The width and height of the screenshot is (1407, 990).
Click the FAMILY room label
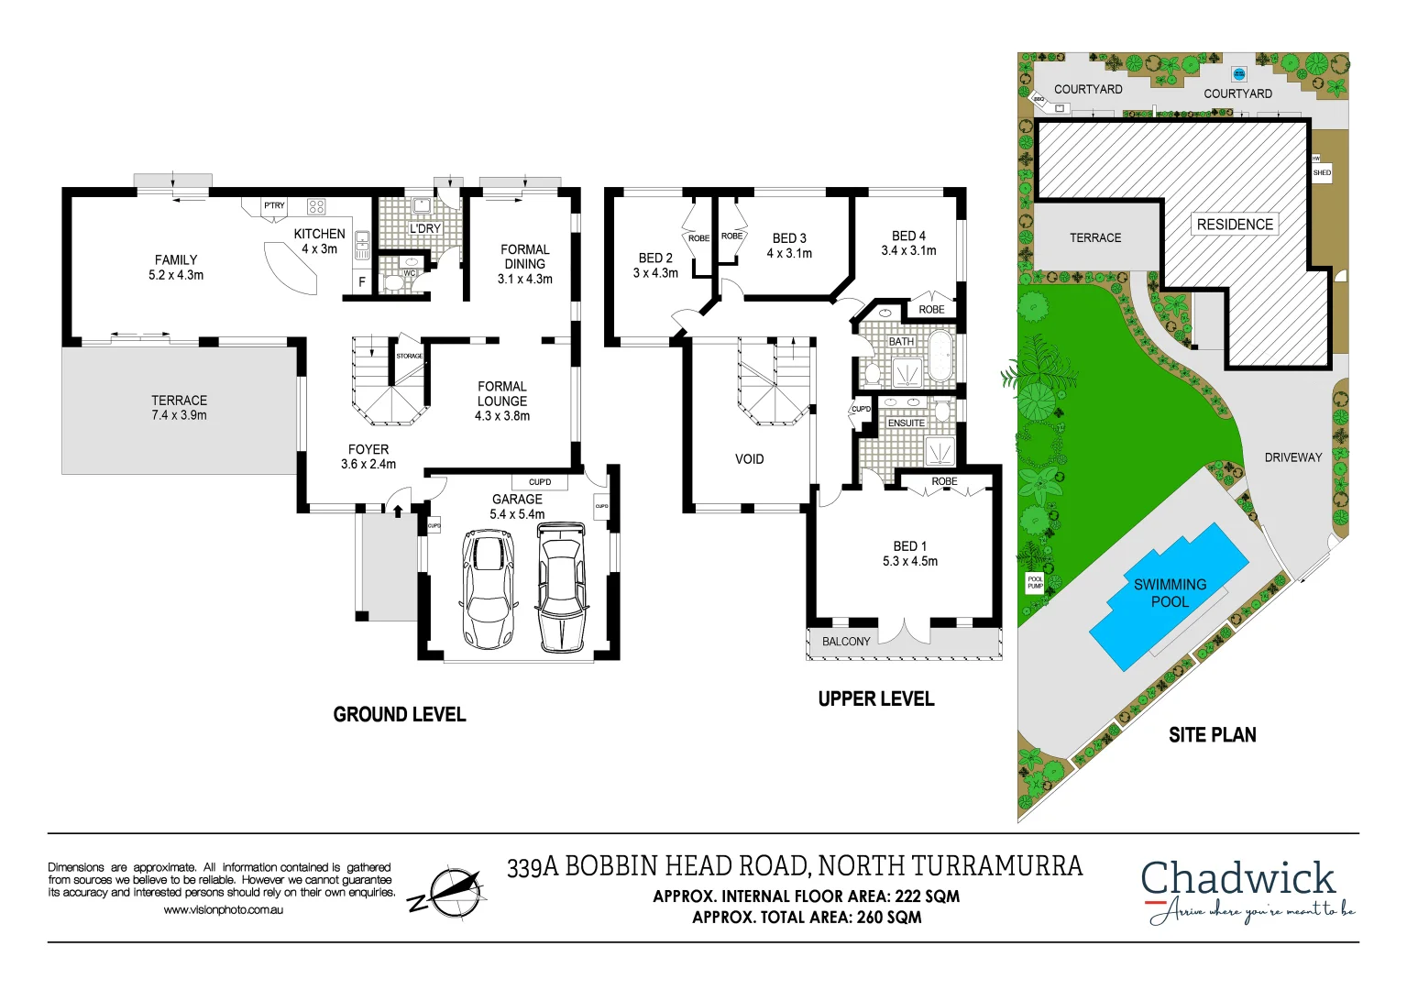point(176,260)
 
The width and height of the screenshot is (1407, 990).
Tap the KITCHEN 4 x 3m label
point(319,241)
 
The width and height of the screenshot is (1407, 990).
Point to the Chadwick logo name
point(1237,878)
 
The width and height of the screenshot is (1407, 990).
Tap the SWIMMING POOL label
point(1170,593)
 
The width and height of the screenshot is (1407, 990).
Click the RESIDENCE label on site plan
point(1235,225)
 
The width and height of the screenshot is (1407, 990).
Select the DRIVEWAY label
point(1292,457)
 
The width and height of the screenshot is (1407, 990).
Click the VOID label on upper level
point(749,459)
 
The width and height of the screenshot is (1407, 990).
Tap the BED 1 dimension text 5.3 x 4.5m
point(909,561)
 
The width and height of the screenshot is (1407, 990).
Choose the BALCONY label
point(845,642)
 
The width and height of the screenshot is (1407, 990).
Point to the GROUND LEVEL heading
point(400,714)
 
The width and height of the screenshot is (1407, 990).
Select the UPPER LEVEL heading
point(875,698)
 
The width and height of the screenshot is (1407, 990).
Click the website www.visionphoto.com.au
point(223,910)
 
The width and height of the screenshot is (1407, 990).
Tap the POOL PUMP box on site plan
point(1035,582)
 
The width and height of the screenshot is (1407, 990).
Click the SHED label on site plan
point(1322,172)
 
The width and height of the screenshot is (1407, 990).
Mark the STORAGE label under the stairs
point(409,356)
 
